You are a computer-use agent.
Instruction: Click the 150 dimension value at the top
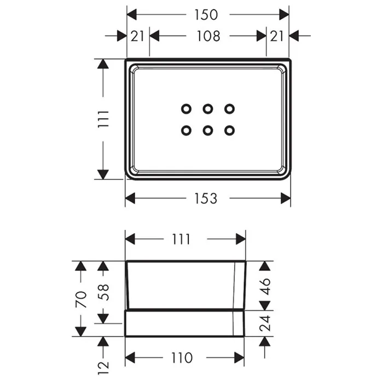(x=206, y=15)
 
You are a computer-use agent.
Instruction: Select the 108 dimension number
(x=208, y=36)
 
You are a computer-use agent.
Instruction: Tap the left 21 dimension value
(x=137, y=36)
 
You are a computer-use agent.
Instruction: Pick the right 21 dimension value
(x=277, y=36)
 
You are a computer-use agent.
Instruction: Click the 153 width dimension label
(x=206, y=198)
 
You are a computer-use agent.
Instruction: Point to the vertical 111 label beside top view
(x=103, y=119)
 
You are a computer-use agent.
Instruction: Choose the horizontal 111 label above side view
(x=181, y=239)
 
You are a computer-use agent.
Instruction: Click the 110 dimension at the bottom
(x=182, y=358)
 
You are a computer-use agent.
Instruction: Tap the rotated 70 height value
(x=81, y=299)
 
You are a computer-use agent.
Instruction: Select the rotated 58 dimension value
(x=103, y=292)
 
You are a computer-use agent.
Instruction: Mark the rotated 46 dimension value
(x=265, y=287)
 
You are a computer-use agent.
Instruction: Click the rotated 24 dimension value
(x=265, y=323)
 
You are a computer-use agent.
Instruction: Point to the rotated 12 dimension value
(x=103, y=368)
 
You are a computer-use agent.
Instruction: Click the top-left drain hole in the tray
(x=186, y=109)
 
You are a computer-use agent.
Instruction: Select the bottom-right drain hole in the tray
(x=229, y=130)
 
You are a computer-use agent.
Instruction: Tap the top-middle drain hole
(x=207, y=109)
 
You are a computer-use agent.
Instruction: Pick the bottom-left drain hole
(x=186, y=130)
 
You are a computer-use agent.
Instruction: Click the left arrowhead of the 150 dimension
(x=132, y=15)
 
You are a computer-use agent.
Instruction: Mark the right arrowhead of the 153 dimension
(x=286, y=198)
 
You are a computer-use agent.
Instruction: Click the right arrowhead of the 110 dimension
(x=239, y=358)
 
